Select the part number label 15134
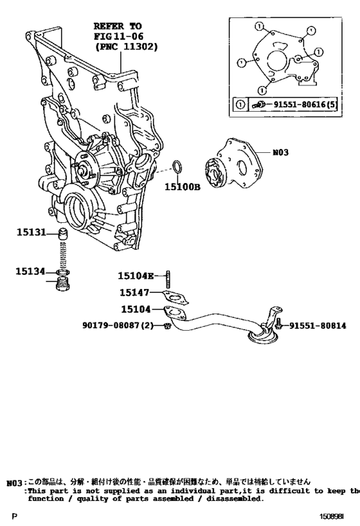point(30,272)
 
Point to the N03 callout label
point(282,153)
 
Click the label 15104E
point(136,276)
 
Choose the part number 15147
point(134,293)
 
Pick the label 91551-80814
point(317,326)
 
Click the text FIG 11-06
point(118,37)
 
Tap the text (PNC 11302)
point(125,48)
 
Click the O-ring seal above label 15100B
point(179,169)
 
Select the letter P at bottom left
point(14,516)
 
